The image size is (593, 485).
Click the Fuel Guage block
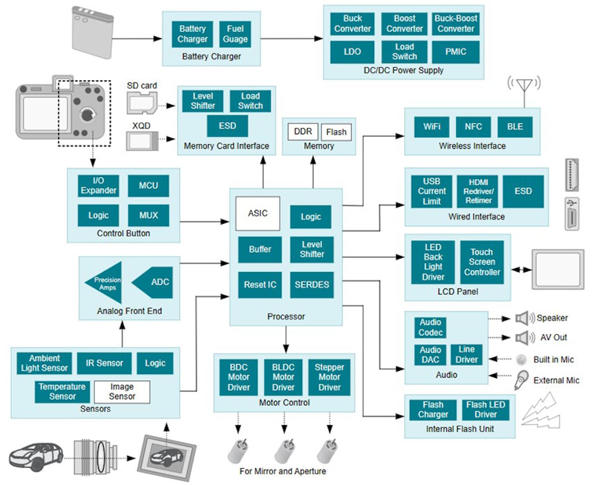(x=235, y=34)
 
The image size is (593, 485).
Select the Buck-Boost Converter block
(x=455, y=24)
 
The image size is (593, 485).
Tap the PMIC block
(x=455, y=52)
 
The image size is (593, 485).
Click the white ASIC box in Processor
(x=257, y=213)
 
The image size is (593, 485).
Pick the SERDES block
(x=312, y=285)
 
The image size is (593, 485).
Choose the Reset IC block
(x=259, y=285)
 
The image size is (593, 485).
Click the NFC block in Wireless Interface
(x=473, y=126)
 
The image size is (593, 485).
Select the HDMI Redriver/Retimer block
(x=477, y=191)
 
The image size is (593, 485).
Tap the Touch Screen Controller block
(x=482, y=262)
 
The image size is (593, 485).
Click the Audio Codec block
(x=430, y=327)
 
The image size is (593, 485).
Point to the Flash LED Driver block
(x=486, y=409)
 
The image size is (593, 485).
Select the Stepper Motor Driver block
(x=329, y=377)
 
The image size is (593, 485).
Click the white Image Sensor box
(x=122, y=391)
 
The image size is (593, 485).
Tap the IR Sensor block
(x=104, y=363)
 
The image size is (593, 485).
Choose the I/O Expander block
(x=98, y=186)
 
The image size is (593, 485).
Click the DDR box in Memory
(x=302, y=132)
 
